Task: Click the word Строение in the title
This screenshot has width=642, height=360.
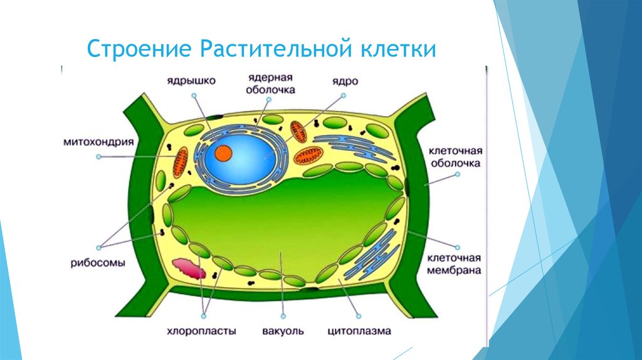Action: click(139, 49)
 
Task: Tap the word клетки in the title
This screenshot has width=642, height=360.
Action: click(398, 49)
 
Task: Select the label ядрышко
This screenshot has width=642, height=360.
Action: click(191, 81)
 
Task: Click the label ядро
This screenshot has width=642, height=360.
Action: click(345, 82)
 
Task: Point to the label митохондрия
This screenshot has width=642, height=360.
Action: click(98, 142)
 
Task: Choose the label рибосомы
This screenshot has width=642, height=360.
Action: click(98, 263)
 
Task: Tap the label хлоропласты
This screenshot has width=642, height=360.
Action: click(201, 331)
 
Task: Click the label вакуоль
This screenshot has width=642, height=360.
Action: click(283, 331)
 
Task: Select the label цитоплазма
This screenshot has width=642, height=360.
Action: click(359, 331)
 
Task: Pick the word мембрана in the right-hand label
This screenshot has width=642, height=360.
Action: click(454, 271)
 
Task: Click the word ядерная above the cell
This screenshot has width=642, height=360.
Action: click(270, 78)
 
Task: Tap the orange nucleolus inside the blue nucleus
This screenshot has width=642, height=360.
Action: click(223, 153)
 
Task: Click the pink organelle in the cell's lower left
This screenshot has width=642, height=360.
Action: click(189, 268)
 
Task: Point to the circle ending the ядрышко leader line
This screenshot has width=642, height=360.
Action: click(194, 95)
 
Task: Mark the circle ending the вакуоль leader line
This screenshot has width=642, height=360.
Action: click(283, 316)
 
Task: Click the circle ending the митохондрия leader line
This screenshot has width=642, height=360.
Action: click(98, 157)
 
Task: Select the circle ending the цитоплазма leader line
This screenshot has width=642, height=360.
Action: click(359, 316)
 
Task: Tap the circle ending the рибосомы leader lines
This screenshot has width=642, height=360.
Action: click(98, 248)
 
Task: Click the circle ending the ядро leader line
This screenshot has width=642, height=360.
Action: click(344, 95)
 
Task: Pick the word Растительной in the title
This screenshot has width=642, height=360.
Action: click(276, 49)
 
